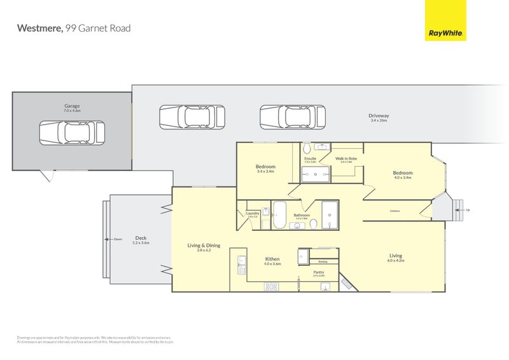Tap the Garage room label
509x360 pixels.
pyautogui.click(x=71, y=106)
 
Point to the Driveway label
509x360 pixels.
pyautogui.click(x=379, y=116)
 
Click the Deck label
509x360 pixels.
pyautogui.click(x=140, y=239)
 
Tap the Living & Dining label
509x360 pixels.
pyautogui.click(x=204, y=246)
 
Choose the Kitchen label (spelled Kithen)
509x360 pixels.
pyautogui.click(x=272, y=259)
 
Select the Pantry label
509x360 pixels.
pyautogui.click(x=319, y=272)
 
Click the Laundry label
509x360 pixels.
pyautogui.click(x=253, y=213)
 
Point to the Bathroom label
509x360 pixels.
pyautogui.click(x=302, y=215)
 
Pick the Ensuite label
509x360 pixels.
pyautogui.click(x=310, y=158)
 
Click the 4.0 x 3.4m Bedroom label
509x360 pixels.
pyautogui.click(x=402, y=173)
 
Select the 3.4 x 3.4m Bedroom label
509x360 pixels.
pyautogui.click(x=265, y=167)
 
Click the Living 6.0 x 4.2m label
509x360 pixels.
pyautogui.click(x=396, y=256)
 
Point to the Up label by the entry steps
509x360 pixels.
pyautogui.click(x=468, y=210)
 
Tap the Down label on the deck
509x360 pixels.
pyautogui.click(x=118, y=239)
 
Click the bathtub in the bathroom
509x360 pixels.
pyautogui.click(x=280, y=215)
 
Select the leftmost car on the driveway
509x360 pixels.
pyautogui.click(x=192, y=117)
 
